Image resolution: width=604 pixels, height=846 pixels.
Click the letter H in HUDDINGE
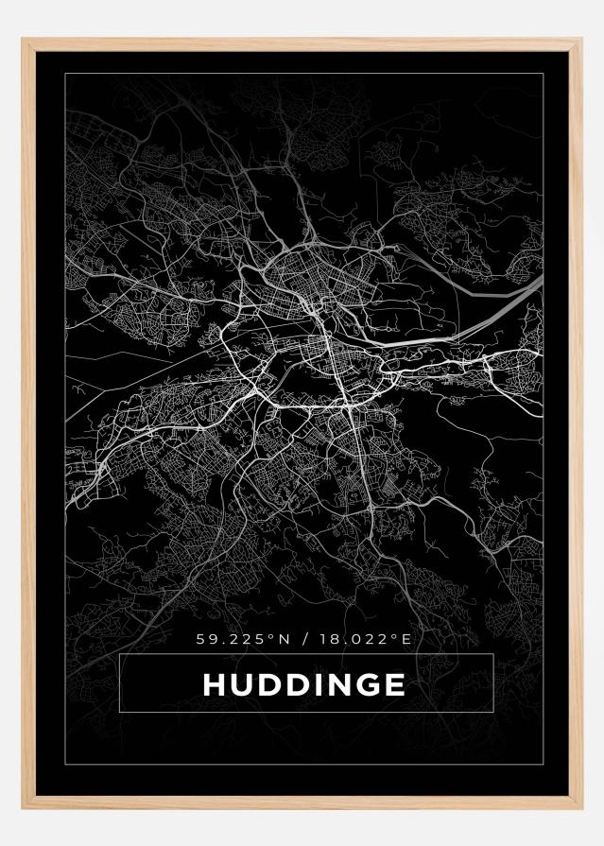pyautogui.click(x=213, y=683)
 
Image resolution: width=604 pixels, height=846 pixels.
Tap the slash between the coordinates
pyautogui.click(x=302, y=640)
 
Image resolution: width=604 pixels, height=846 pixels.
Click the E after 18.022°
pyautogui.click(x=406, y=640)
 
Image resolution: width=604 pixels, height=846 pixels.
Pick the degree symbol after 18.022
pyautogui.click(x=396, y=636)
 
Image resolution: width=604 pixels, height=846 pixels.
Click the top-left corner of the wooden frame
pyautogui.click(x=25, y=41)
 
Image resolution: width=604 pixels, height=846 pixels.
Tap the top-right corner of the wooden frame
pyautogui.click(x=578, y=41)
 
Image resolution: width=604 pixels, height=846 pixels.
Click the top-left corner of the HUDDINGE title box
pyautogui.click(x=120, y=654)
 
